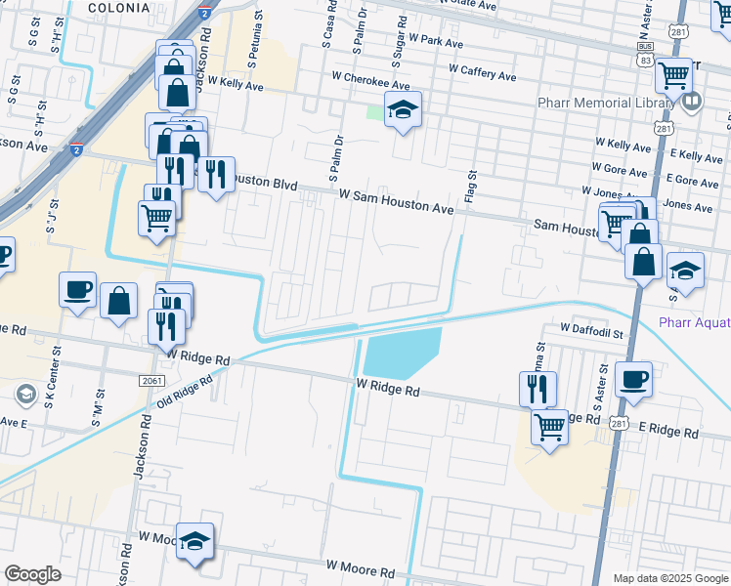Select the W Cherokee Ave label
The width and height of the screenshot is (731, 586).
pyautogui.click(x=370, y=85)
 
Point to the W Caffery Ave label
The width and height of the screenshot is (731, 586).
pyautogui.click(x=483, y=72)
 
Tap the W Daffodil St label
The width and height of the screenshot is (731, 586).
pyautogui.click(x=591, y=333)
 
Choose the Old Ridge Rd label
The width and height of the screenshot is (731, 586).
pyautogui.click(x=183, y=387)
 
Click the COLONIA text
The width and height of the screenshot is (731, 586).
pyautogui.click(x=118, y=7)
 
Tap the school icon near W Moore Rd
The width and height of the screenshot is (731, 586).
pyautogui.click(x=194, y=540)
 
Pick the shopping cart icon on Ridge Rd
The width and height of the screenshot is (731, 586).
pyautogui.click(x=550, y=425)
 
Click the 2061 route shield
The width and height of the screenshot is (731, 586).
pyautogui.click(x=150, y=381)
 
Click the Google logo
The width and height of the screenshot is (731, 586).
pyautogui.click(x=32, y=574)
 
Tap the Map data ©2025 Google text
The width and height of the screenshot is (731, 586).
pyautogui.click(x=669, y=578)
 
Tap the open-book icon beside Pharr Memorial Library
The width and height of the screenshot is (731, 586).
pyautogui.click(x=693, y=101)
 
